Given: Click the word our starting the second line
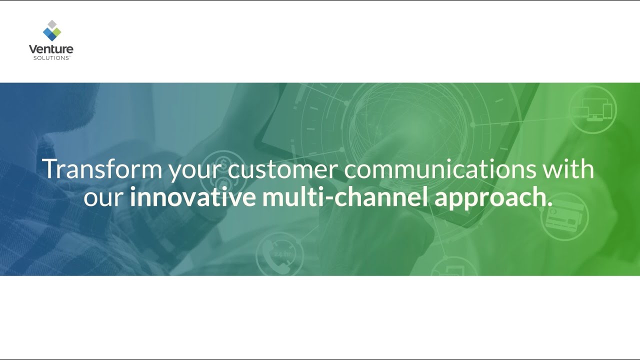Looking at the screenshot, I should point(103,198).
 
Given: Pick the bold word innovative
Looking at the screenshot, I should point(192,197).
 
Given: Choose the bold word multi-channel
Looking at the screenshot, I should point(345,197).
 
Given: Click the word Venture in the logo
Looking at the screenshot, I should point(51,49).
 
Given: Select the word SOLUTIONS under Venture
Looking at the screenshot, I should point(51,58).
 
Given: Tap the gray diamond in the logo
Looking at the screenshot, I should point(51,24).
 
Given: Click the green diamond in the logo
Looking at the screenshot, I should point(56,32).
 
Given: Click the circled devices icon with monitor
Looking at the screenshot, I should point(592,109).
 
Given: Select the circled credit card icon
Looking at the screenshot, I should point(564,216).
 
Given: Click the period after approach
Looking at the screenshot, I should point(550,204).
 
